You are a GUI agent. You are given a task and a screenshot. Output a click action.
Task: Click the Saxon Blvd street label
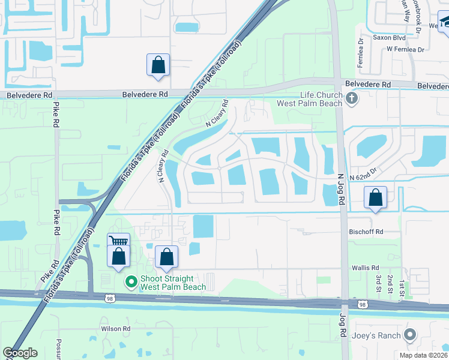tap(390, 37)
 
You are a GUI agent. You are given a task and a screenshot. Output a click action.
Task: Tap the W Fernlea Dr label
tap(405, 49)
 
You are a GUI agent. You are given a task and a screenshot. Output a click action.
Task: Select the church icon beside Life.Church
tap(352, 97)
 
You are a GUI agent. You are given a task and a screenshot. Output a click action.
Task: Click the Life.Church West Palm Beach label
tap(322, 99)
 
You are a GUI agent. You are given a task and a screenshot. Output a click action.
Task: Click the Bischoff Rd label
tap(366, 232)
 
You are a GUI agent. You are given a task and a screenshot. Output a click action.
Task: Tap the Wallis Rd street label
tap(366, 268)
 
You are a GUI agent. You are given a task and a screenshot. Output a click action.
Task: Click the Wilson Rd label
tap(116, 329)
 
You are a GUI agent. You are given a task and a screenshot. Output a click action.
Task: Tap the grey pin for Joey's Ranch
tap(411, 334)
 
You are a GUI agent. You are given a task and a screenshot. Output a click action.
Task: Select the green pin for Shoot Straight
tap(131, 281)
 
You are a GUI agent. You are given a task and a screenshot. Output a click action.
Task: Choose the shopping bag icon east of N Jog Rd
tap(375, 197)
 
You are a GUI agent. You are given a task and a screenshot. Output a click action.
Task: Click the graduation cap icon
tap(445, 23)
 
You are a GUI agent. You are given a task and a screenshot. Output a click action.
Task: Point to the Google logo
tap(20, 353)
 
